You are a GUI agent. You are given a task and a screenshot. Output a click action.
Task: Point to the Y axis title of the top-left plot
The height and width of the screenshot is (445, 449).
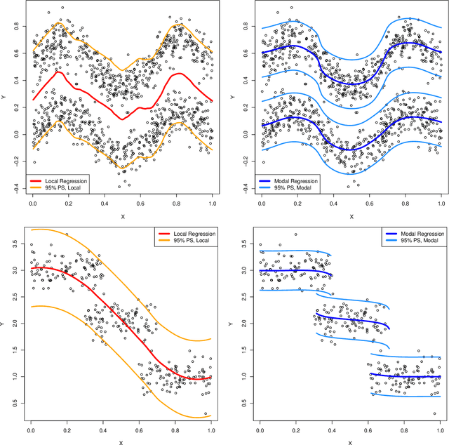point(4,98)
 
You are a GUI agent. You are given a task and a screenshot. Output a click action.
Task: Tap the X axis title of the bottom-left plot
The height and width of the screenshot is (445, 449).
point(120,441)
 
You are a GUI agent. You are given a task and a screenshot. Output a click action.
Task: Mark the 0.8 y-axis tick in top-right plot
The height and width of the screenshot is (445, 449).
point(244,27)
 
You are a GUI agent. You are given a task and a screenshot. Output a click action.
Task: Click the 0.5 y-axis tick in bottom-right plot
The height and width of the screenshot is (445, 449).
point(244,403)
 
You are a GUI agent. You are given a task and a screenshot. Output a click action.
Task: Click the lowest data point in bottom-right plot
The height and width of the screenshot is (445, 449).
point(435,414)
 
